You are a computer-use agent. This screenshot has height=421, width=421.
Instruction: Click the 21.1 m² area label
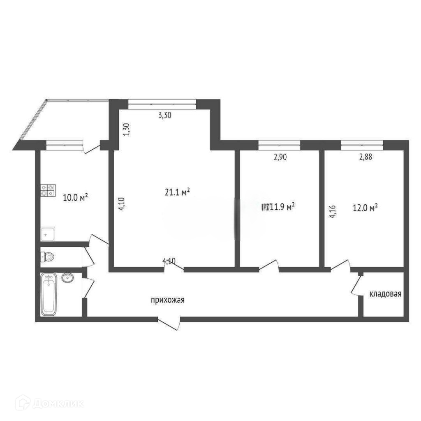pos(177,192)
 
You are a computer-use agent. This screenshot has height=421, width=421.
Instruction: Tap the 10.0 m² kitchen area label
pos(76,198)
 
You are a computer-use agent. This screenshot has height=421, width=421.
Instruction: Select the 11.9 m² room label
pos(282,207)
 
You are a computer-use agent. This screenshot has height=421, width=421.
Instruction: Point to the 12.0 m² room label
pos(365,208)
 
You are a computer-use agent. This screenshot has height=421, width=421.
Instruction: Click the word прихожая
pos(168,300)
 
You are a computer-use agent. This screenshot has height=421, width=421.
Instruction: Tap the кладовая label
pos(385,294)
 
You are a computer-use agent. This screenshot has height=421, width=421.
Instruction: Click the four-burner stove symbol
pos(48,190)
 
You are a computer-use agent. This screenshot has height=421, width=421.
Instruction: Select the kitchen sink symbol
pos(48,234)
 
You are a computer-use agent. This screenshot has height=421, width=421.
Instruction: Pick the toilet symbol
pos(47,257)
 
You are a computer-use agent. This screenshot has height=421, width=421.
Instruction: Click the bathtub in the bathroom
pos(49,294)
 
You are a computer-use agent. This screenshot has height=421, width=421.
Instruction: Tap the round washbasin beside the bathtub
pos(67,278)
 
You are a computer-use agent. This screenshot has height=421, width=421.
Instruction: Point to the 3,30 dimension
pos(165,116)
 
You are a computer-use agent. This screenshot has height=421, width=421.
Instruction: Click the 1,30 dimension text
pos(127,129)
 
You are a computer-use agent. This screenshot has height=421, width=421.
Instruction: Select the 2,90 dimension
pos(280,157)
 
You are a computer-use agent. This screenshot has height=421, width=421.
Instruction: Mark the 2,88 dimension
pos(365,157)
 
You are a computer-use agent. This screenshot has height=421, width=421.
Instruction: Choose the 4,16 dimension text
pos(333,212)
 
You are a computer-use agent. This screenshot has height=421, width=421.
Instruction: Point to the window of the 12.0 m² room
pos(362,145)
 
